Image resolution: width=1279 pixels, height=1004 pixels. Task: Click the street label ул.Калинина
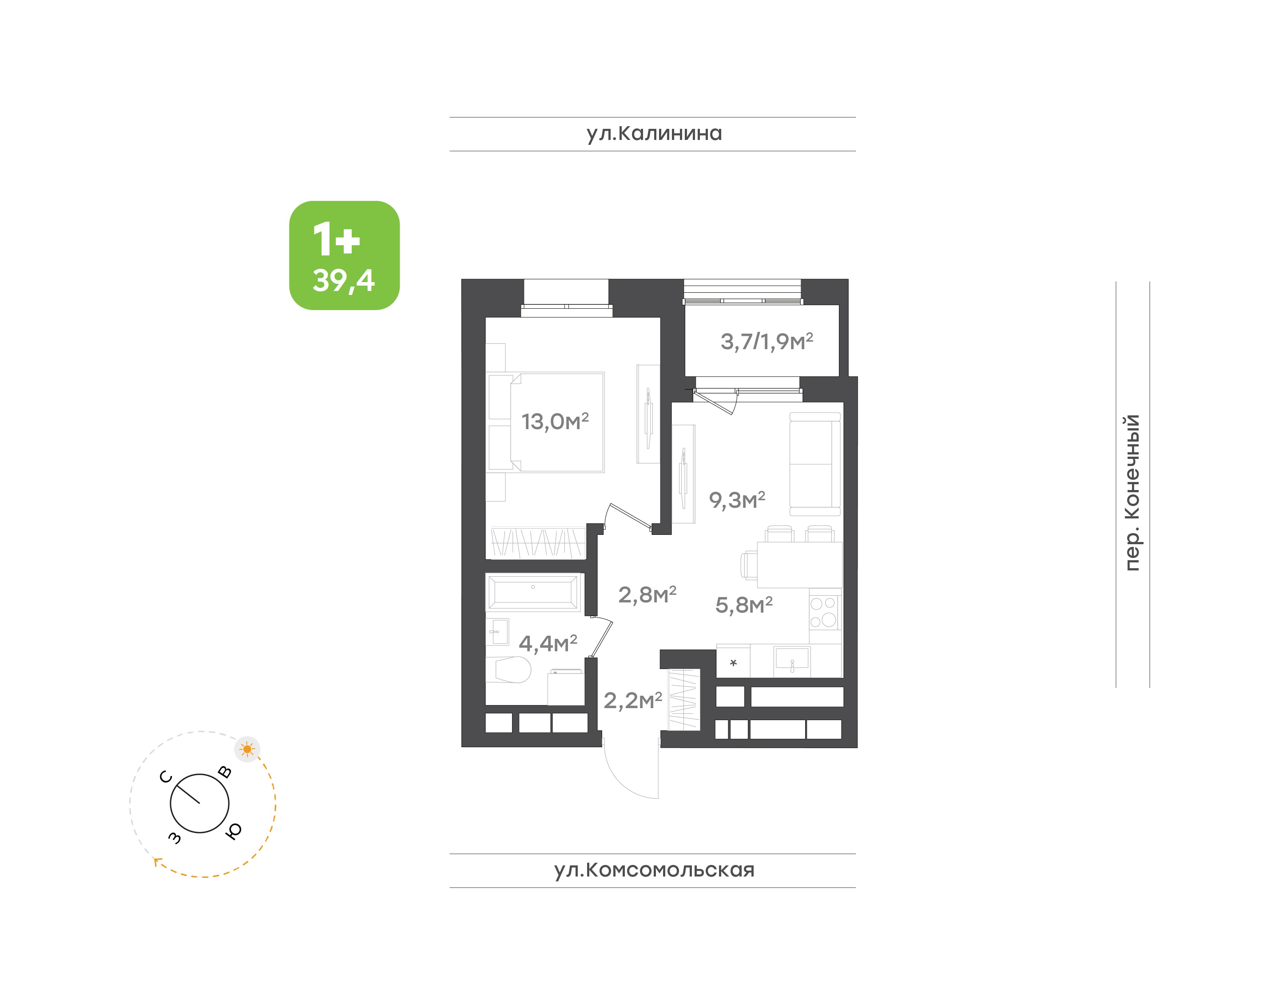pyautogui.click(x=654, y=133)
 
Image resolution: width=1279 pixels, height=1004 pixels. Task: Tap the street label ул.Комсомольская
pyautogui.click(x=654, y=870)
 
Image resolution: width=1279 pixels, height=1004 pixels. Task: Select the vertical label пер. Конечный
pyautogui.click(x=1132, y=493)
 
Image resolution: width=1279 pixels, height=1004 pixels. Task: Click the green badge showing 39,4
pyautogui.click(x=344, y=255)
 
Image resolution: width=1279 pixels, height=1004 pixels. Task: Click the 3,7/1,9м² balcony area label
pyautogui.click(x=767, y=341)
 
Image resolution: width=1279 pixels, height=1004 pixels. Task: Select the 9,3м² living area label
pyautogui.click(x=737, y=500)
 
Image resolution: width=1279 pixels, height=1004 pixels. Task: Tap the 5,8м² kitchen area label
pyautogui.click(x=744, y=604)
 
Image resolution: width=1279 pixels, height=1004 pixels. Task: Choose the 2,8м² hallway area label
pyautogui.click(x=647, y=595)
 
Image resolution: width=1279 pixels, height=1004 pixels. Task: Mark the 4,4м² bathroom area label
pyautogui.click(x=548, y=643)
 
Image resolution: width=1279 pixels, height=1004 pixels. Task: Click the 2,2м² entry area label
pyautogui.click(x=633, y=700)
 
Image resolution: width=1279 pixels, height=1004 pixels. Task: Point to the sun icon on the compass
pyautogui.click(x=247, y=749)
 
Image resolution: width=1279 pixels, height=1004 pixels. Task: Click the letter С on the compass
pyautogui.click(x=166, y=777)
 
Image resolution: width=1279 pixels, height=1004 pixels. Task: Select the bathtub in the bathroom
pyautogui.click(x=533, y=592)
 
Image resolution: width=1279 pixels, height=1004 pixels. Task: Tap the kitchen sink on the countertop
pyautogui.click(x=792, y=658)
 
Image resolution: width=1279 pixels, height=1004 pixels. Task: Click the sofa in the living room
pyautogui.click(x=815, y=464)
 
